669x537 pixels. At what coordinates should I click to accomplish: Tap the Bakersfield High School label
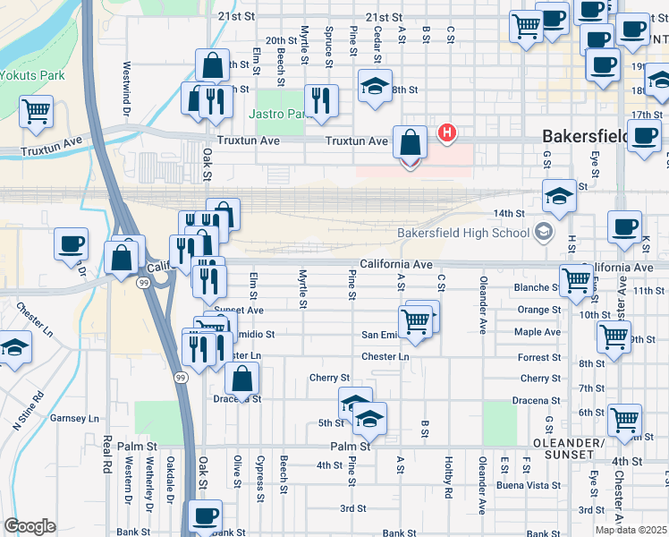point(463,234)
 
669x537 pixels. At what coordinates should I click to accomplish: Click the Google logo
point(30,526)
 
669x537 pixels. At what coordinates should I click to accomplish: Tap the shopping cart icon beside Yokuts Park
point(37,112)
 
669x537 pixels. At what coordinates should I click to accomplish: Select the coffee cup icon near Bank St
point(206,516)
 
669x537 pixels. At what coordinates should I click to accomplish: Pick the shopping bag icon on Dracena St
point(242,378)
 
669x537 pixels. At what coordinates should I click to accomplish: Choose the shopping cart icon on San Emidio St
point(415,320)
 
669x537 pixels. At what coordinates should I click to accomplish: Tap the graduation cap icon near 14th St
point(559,195)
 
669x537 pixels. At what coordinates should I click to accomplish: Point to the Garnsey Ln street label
point(74,418)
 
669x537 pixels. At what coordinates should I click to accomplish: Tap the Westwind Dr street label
point(127,79)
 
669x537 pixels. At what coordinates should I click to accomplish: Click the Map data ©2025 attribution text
point(631,530)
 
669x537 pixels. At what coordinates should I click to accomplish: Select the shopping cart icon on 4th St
point(624,418)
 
